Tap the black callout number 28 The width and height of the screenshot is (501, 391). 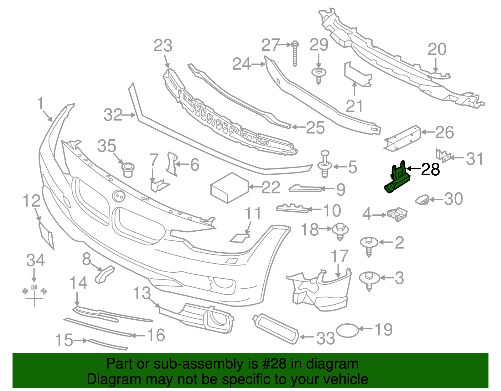431,170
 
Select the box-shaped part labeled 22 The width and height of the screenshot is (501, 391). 230,188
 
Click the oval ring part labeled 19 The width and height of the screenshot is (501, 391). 347,330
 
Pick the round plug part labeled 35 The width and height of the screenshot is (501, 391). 127,169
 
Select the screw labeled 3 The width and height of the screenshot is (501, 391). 369,280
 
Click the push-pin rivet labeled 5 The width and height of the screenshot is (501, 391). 325,164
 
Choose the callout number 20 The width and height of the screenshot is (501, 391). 437,49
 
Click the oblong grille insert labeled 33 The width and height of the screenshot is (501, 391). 276,329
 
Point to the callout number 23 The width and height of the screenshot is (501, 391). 163,46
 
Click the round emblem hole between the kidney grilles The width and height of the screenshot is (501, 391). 119,196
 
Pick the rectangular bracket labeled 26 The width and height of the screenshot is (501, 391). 402,139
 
